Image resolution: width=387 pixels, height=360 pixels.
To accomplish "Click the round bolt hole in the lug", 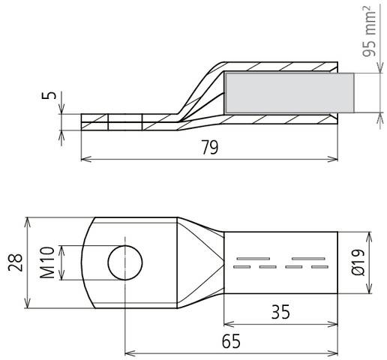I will tap(124, 262).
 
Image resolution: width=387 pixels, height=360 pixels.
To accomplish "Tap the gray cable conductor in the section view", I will tap(289, 94).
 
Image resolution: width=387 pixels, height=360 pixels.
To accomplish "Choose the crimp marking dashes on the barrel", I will tap(281, 262).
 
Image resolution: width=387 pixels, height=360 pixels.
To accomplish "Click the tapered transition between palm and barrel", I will tap(199, 262).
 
